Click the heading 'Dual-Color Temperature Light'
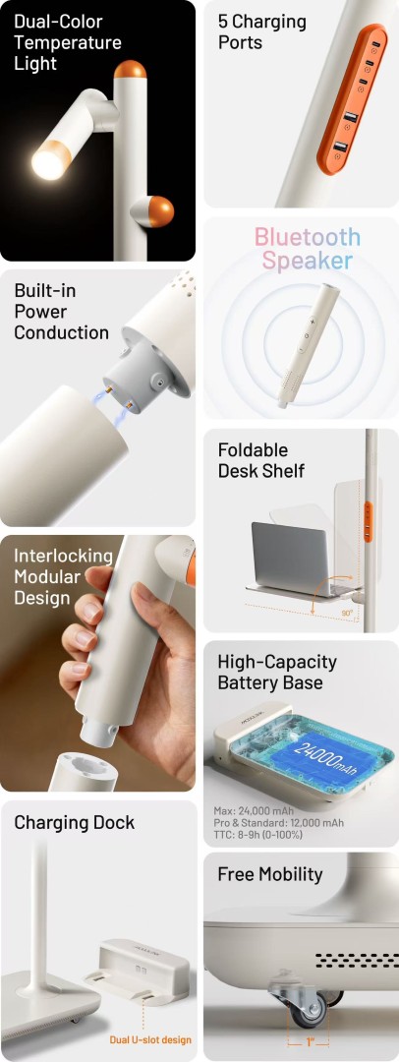coord(68,42)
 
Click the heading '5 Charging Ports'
coord(262,31)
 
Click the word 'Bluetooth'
coord(308,238)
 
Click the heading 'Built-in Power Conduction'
coord(62,312)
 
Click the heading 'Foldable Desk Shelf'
coord(261,460)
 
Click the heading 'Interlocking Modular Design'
coord(63,577)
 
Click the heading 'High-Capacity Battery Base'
coord(277,672)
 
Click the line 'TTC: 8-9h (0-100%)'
coord(260,835)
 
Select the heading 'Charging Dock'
coord(75,823)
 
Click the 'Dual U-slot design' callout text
coord(150,1039)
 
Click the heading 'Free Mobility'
coord(270,874)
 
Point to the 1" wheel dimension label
coord(309,1042)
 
